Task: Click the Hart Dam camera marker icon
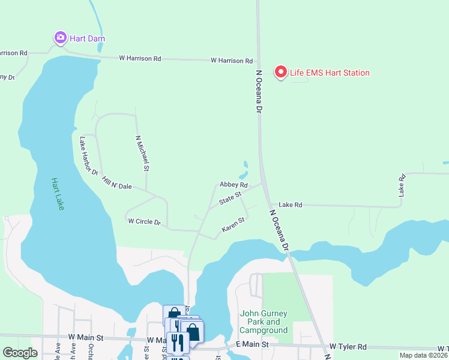[60, 38]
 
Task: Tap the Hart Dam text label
[87, 38]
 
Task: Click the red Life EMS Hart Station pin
[280, 72]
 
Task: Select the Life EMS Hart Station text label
[330, 73]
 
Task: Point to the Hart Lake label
[58, 194]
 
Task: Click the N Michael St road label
[142, 153]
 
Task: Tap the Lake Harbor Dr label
[88, 156]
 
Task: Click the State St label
[229, 197]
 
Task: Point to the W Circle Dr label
[145, 222]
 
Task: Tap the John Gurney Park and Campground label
[264, 322]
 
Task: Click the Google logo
[20, 353]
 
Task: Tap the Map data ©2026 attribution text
[423, 355]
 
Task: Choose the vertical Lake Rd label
[402, 185]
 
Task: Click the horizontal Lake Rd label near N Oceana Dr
[290, 205]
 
